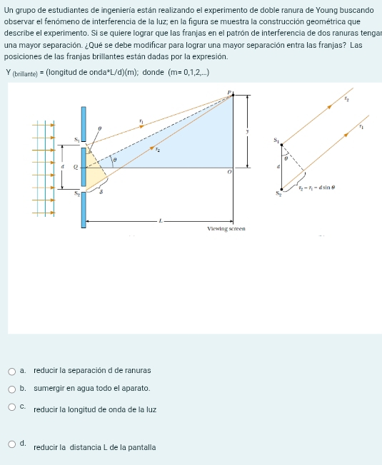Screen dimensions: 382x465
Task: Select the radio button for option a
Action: click(12, 372)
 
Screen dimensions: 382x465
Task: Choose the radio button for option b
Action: click(12, 389)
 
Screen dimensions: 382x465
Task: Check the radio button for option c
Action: click(12, 407)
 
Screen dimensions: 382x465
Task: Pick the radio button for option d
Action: click(12, 444)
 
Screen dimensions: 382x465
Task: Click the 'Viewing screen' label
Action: click(226, 229)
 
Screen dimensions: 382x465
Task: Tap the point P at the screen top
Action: click(233, 95)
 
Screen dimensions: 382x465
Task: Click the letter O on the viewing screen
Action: click(229, 172)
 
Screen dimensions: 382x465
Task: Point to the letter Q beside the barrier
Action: click(76, 168)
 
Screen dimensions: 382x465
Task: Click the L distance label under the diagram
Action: click(161, 220)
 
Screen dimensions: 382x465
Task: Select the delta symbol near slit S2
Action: click(101, 192)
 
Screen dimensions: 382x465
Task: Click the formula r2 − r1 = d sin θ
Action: click(317, 188)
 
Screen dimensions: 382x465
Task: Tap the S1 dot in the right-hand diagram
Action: click(281, 145)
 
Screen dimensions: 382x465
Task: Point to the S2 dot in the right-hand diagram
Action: click(281, 189)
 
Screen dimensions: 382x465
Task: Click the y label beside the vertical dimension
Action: click(247, 131)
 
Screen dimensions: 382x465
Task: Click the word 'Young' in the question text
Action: click(326, 11)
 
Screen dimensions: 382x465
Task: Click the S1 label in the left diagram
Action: click(77, 139)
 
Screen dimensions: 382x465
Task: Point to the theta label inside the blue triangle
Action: click(115, 160)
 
